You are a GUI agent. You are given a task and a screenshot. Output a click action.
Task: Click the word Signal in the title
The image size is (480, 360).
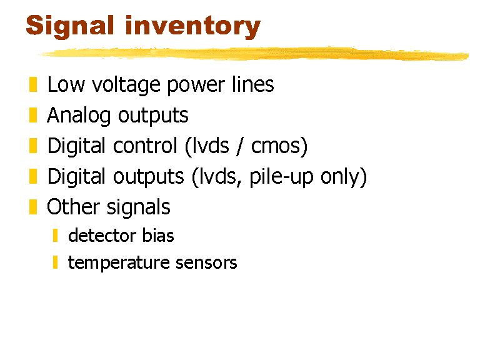pyautogui.click(x=70, y=27)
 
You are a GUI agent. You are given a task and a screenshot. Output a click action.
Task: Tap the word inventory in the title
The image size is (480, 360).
pyautogui.click(x=193, y=27)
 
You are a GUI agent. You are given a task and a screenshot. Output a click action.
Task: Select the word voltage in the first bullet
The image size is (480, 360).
pyautogui.click(x=126, y=85)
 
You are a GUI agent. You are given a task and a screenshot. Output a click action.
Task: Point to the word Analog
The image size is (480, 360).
pyautogui.click(x=79, y=116)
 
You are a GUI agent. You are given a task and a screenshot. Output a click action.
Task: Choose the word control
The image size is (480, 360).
pyautogui.click(x=145, y=146)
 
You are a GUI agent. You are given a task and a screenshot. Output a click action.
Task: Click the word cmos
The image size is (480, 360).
pyautogui.click(x=276, y=147)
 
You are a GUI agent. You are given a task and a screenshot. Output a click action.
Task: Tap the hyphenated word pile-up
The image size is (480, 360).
pyautogui.click(x=282, y=177)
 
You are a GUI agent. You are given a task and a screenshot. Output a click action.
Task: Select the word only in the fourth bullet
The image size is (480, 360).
pyautogui.click(x=340, y=177)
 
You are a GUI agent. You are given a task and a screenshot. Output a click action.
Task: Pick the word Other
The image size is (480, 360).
pyautogui.click(x=73, y=207)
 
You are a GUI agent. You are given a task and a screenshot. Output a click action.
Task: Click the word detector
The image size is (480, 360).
pyautogui.click(x=102, y=236)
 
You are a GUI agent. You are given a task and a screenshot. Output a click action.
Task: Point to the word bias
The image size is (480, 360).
pyautogui.click(x=158, y=236)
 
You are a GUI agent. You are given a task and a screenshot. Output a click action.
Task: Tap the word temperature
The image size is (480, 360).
pyautogui.click(x=119, y=263)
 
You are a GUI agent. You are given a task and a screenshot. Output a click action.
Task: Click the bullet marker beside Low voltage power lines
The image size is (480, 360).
pyautogui.click(x=33, y=84)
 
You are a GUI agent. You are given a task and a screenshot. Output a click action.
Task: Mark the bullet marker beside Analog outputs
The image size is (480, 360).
pyautogui.click(x=33, y=115)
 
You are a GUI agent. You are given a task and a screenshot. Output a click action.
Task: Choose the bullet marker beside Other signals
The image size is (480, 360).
pyautogui.click(x=33, y=207)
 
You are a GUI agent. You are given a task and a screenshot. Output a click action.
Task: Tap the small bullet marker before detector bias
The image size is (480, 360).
pyautogui.click(x=55, y=236)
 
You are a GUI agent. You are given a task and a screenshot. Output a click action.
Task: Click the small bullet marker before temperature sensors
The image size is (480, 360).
pyautogui.click(x=55, y=262)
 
